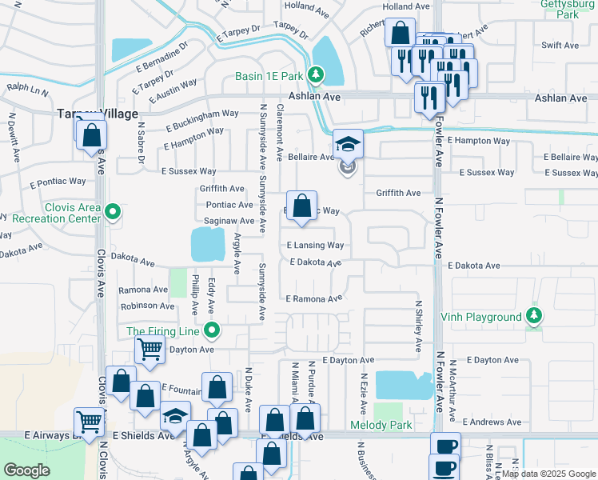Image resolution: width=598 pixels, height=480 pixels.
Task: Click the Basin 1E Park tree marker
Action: tap(317, 76)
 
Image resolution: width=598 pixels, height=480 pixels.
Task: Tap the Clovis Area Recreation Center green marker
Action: tap(113, 213)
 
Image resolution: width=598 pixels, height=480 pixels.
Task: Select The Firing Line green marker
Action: tap(212, 330)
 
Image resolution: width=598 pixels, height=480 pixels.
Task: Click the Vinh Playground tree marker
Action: tap(533, 316)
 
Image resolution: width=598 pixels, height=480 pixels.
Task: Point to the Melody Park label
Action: tap(381, 425)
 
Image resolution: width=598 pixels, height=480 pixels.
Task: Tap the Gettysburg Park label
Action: tap(570, 9)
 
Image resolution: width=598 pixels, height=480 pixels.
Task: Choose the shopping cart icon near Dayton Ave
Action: tap(149, 350)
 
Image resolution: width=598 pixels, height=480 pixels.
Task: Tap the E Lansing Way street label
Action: tap(315, 245)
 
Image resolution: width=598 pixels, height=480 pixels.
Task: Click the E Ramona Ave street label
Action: tap(314, 298)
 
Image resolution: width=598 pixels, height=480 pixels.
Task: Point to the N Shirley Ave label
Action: tap(418, 326)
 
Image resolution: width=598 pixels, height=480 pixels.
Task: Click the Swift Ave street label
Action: tap(560, 46)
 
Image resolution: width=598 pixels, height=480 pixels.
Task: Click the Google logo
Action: tap(26, 470)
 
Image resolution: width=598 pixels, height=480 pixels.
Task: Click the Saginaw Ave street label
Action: tap(229, 221)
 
